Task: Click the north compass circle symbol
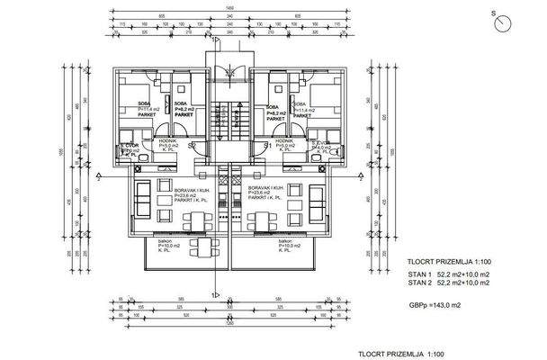point(501,25)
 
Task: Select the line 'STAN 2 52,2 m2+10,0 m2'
point(446,283)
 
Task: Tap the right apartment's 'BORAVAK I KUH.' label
point(266,190)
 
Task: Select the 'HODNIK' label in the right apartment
point(286,141)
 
